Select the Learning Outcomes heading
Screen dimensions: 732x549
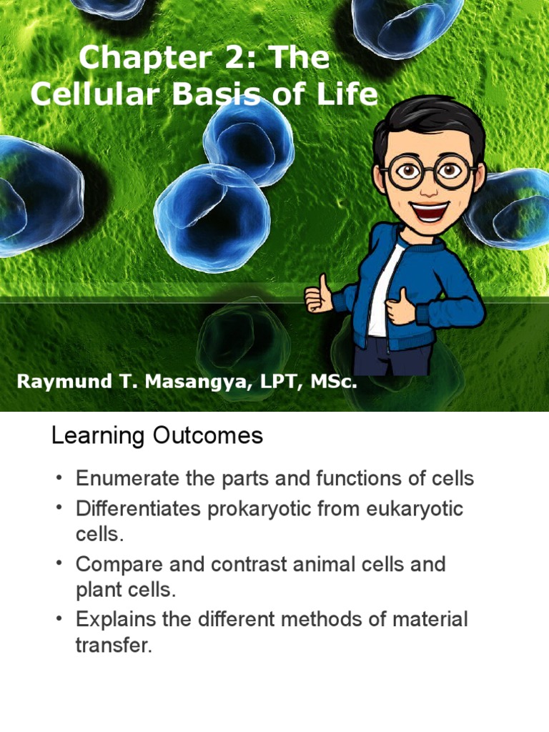[157, 435]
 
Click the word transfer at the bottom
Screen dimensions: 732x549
[114, 646]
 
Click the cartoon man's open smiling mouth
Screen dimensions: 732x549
[430, 210]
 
